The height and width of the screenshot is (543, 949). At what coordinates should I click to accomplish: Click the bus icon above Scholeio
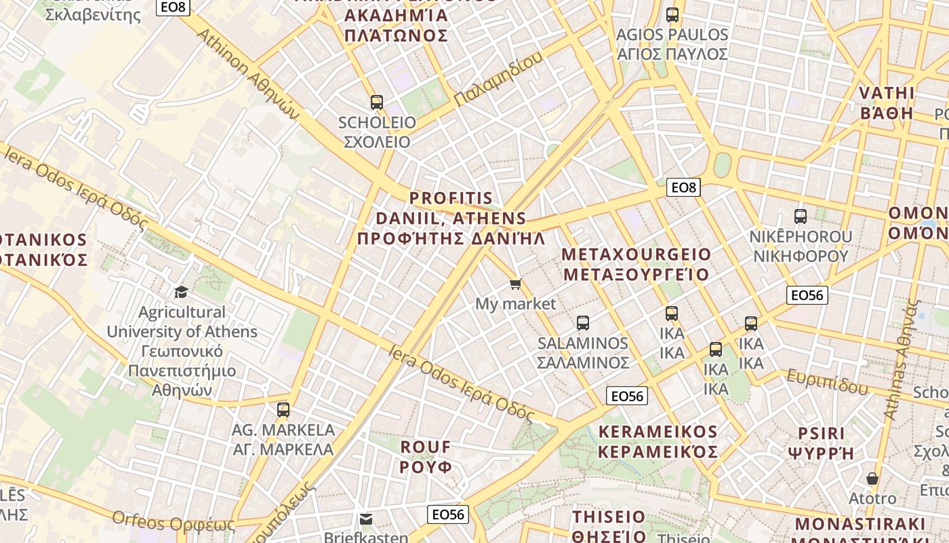[377, 102]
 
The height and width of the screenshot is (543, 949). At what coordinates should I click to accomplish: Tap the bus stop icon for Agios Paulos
[672, 14]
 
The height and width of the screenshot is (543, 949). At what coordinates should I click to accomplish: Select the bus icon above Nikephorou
[801, 217]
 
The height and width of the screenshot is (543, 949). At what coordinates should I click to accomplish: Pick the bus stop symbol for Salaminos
[583, 323]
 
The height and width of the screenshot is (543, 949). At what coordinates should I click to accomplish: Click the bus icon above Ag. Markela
[283, 410]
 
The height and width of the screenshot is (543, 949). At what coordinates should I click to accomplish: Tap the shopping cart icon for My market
[516, 284]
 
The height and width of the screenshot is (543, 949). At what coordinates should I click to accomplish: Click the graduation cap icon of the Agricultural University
[181, 292]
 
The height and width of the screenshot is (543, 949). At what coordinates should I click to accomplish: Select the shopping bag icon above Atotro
[872, 479]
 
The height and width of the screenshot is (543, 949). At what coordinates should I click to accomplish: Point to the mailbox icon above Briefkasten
[366, 519]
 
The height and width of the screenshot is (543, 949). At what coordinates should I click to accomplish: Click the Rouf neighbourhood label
[426, 457]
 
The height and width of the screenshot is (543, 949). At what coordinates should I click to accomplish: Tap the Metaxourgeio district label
[637, 265]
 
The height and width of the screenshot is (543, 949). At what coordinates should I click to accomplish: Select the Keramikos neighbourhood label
[658, 442]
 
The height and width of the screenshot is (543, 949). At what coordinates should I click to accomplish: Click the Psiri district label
[822, 443]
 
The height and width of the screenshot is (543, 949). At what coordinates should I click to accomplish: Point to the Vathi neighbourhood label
[887, 102]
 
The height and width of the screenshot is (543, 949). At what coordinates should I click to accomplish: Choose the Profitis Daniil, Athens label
[451, 218]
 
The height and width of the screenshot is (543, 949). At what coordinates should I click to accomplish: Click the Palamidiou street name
[498, 79]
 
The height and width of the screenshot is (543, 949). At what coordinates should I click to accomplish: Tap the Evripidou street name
[827, 381]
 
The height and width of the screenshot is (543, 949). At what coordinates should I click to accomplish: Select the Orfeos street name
[173, 523]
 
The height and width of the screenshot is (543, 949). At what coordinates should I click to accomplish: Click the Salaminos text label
[583, 352]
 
